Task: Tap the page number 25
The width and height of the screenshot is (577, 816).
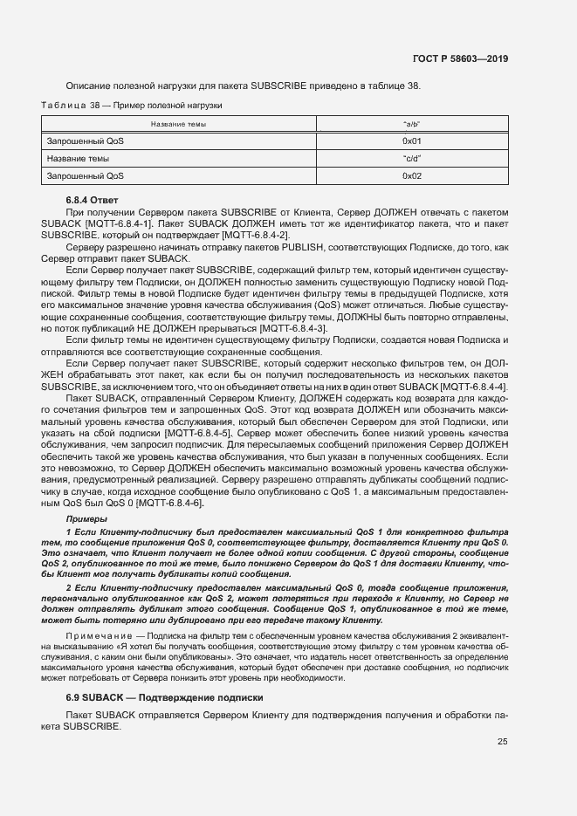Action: click(502, 742)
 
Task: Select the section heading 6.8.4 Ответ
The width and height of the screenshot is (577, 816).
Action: click(92, 201)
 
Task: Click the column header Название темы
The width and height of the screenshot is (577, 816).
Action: click(178, 124)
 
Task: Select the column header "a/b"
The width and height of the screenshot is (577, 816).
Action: click(412, 124)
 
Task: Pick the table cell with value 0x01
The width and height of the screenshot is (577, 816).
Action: click(412, 141)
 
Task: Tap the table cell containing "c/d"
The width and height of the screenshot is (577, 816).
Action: click(412, 159)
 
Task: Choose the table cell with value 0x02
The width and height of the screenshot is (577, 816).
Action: click(412, 176)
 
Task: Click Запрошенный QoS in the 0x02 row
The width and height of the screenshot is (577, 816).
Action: click(86, 176)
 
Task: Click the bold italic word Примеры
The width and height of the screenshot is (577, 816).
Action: click(86, 520)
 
